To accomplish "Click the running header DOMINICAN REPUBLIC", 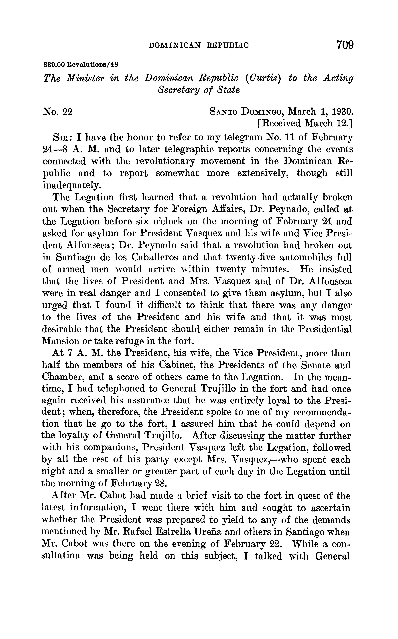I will pos(199,46).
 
